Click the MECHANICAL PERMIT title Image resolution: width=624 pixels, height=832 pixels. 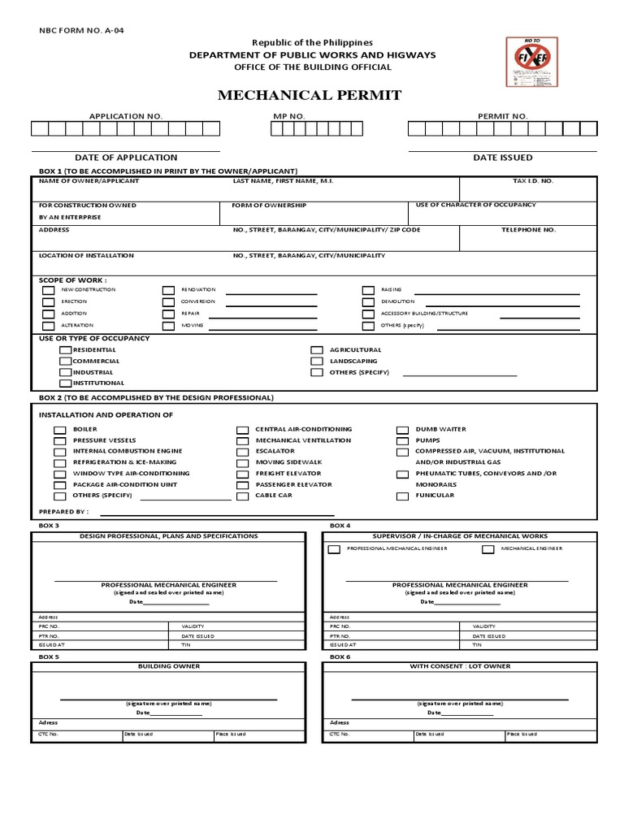point(309,96)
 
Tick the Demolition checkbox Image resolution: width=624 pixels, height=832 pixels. point(367,301)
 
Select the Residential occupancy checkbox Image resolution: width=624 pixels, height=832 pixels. point(65,349)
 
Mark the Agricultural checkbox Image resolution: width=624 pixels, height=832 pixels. point(317,349)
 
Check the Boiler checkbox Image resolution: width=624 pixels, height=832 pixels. point(59,430)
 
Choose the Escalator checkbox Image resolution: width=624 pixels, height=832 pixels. point(242,452)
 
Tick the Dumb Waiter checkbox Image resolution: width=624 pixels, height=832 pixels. point(402,430)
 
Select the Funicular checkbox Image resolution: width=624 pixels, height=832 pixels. point(402,496)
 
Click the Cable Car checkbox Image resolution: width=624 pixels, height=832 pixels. point(242,496)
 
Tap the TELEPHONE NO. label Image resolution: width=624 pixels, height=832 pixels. point(528,230)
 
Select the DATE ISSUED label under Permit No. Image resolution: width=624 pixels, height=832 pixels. point(503,158)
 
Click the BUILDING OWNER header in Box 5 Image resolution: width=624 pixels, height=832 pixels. point(169,666)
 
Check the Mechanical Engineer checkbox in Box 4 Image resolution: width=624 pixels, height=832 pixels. point(488,550)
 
